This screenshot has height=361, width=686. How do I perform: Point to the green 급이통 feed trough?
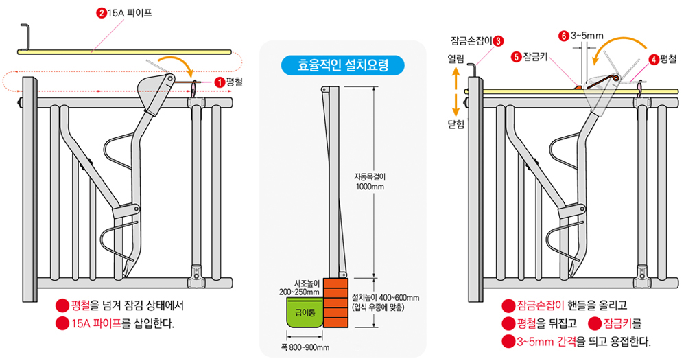305,312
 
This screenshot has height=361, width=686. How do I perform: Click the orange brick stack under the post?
336,303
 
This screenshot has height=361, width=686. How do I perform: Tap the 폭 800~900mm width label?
305,348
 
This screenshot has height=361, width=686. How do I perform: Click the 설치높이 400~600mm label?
384,303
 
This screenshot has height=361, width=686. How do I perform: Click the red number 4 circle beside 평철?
654,59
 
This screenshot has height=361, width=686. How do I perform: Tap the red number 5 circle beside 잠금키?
515,58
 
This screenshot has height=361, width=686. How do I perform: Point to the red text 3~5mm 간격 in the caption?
546,341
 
